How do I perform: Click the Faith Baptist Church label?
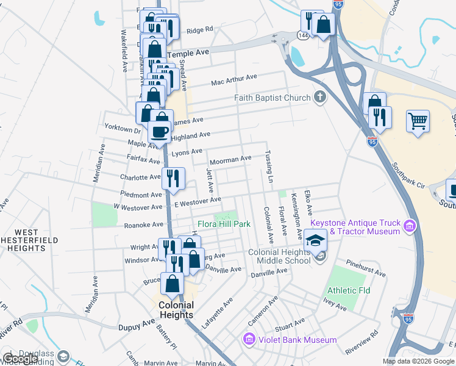pyautogui.click(x=273, y=98)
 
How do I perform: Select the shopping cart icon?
pyautogui.click(x=418, y=121)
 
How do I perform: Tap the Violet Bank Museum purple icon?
pyautogui.click(x=248, y=339)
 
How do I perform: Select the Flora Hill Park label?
pyautogui.click(x=223, y=224)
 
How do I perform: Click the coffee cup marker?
pyautogui.click(x=160, y=131)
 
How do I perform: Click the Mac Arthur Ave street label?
pyautogui.click(x=234, y=80)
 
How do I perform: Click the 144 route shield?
pyautogui.click(x=303, y=36)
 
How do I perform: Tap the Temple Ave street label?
pyautogui.click(x=193, y=53)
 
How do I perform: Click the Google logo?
pyautogui.click(x=20, y=359)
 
